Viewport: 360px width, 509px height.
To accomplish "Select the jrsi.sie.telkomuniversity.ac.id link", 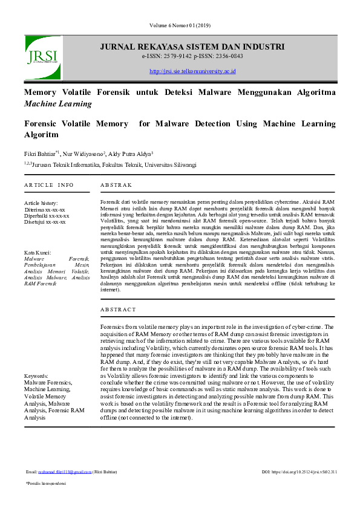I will coord(192,71).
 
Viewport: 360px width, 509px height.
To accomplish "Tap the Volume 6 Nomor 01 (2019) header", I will coord(180,25).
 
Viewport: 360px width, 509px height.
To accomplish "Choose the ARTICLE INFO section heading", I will coord(49,184).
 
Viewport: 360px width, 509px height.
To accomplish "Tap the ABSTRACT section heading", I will coord(118,309).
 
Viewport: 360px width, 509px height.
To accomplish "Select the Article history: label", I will coord(41,203).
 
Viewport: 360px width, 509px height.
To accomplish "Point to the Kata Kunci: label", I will coord(38,252).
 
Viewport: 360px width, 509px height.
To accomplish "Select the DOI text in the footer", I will coord(299,471).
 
